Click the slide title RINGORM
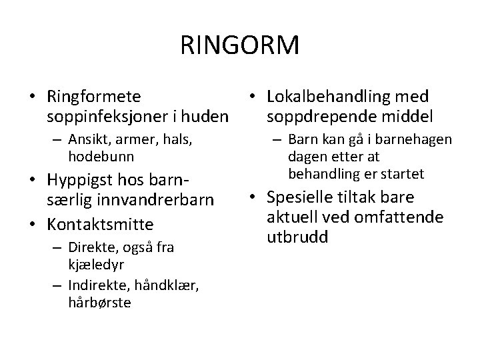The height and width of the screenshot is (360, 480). point(239,46)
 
